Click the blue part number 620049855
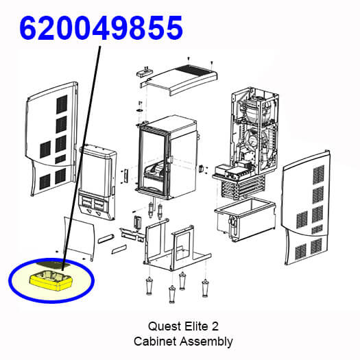pyautogui.click(x=101, y=28)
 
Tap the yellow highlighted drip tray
pyautogui.click(x=51, y=280)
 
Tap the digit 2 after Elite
pyautogui.click(x=215, y=326)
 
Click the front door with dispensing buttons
pyautogui.click(x=97, y=182)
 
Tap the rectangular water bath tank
pyautogui.click(x=245, y=219)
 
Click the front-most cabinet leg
pyautogui.click(x=171, y=294)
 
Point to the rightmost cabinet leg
pyautogui.click(x=205, y=288)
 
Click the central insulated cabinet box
pyautogui.click(x=167, y=157)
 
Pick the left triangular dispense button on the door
pyautogui.click(x=88, y=212)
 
